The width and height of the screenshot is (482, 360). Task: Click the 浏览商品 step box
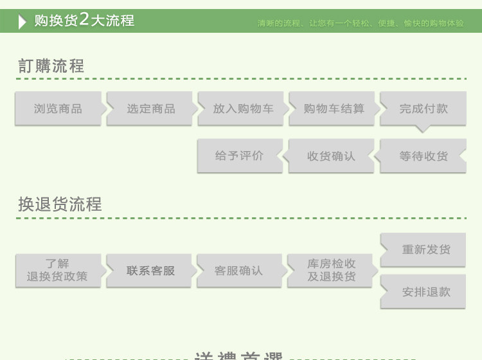tap(58, 109)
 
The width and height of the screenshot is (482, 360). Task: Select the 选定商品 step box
tap(150, 109)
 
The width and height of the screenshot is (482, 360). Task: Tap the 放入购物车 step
tap(242, 109)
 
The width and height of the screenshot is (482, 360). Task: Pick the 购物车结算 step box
tap(334, 109)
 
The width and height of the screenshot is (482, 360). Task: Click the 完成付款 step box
tap(424, 109)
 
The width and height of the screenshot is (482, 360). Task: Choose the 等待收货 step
tap(424, 156)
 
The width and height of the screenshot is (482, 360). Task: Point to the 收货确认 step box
tap(331, 156)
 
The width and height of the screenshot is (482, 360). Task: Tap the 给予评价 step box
tap(239, 156)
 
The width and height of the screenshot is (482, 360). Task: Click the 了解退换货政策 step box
tap(58, 271)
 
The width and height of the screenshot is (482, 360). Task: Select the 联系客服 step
tap(150, 271)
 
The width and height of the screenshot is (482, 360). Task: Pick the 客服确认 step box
tap(238, 271)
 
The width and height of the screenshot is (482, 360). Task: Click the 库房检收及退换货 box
tap(331, 271)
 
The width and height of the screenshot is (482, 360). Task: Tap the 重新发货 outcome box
tap(425, 249)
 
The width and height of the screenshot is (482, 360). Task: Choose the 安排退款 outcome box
tap(425, 292)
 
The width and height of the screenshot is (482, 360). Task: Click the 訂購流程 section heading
tap(51, 66)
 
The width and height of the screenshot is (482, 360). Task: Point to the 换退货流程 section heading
tap(60, 204)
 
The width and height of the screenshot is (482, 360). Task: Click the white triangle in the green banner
tap(23, 21)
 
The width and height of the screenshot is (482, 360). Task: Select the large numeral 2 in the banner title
tap(84, 19)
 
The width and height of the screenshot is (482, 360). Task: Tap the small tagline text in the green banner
tap(360, 23)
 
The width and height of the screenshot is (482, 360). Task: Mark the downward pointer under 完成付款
tap(422, 129)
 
